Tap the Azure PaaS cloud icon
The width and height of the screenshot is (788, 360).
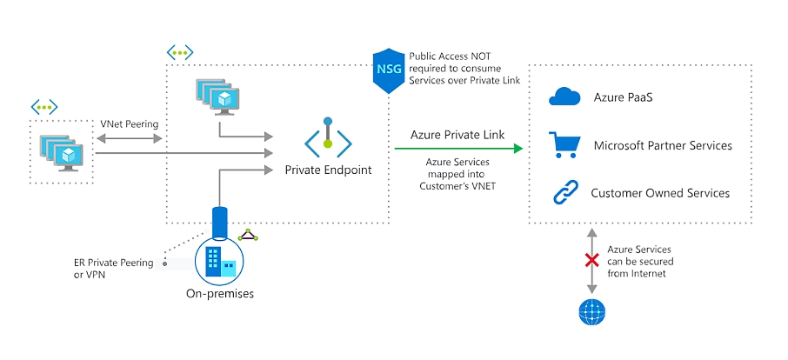tap(564, 97)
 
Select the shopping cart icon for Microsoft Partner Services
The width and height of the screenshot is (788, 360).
tap(564, 144)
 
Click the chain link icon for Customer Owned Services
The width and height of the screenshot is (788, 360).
tap(564, 192)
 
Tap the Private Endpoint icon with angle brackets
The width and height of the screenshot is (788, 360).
tap(328, 139)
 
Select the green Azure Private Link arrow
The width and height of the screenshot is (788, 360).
tap(457, 149)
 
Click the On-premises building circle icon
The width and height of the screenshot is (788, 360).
tap(219, 260)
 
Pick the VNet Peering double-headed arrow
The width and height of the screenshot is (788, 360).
tap(130, 137)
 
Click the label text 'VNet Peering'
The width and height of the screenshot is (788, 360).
tap(130, 123)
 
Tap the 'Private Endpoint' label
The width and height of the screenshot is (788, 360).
tap(328, 170)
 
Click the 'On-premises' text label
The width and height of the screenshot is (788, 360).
tap(219, 294)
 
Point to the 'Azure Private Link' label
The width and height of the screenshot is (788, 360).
tap(457, 135)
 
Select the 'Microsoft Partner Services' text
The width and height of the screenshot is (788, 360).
tap(662, 145)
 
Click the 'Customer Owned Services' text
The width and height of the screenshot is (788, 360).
tap(659, 193)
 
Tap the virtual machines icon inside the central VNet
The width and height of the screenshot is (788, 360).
tap(217, 97)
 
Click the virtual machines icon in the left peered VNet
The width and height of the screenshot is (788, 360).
tap(63, 151)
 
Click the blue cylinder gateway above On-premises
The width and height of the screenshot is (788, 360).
tap(219, 222)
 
